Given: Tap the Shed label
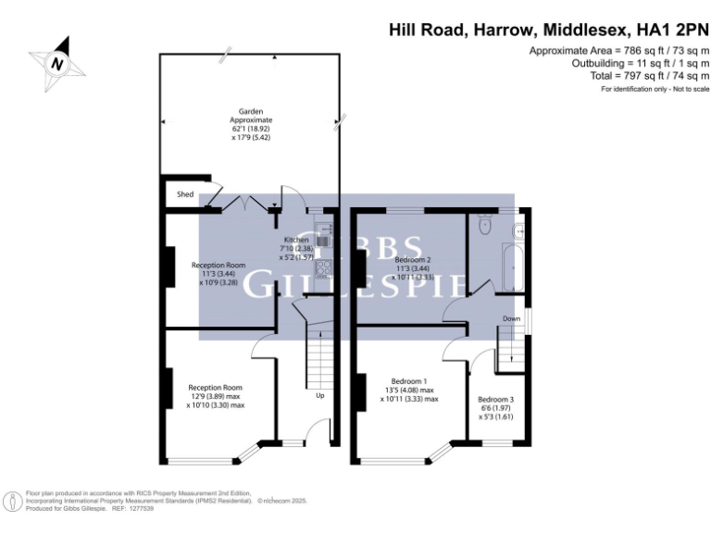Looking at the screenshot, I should tap(185, 194).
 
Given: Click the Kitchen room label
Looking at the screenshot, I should tap(295, 240).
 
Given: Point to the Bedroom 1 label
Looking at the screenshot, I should tap(408, 381).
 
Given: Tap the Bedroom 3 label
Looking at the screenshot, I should tap(495, 400).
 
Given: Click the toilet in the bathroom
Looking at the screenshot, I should tap(483, 225).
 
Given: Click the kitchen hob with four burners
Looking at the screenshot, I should tap(323, 269).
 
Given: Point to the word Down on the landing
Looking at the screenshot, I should tap(511, 318).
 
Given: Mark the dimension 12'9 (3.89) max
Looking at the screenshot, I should tap(215, 396).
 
